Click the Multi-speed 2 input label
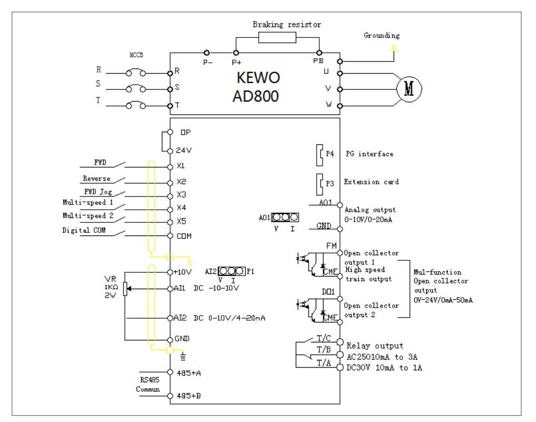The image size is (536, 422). (86, 217)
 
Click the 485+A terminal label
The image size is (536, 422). (191, 372)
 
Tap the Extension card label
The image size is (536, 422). (371, 182)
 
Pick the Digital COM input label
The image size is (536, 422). (89, 230)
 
